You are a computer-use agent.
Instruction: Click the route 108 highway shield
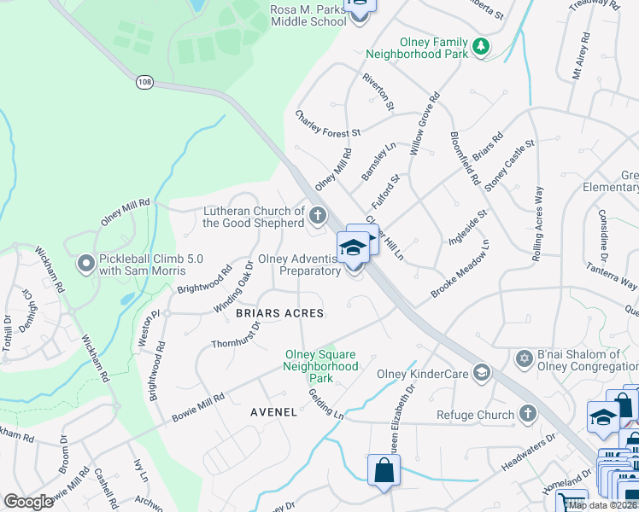[x=144, y=81]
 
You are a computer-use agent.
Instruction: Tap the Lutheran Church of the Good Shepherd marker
[x=318, y=216]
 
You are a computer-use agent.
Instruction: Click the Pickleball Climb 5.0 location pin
[x=85, y=264]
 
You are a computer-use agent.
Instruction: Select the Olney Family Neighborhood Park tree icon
[x=482, y=46]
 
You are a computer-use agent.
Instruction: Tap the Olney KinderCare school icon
[x=482, y=372]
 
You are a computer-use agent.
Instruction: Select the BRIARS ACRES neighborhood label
[x=280, y=313]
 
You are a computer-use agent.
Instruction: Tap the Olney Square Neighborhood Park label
[x=321, y=366]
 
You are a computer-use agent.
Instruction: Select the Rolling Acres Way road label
[x=537, y=223]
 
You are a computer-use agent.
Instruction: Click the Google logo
[x=29, y=502]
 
